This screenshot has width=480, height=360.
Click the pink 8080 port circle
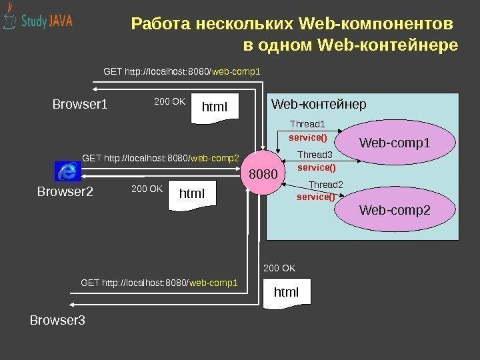263,175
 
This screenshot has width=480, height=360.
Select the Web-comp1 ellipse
395,143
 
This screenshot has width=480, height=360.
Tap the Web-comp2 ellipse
395,211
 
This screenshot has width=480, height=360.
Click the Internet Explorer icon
67,171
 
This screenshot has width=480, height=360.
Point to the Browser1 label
80,105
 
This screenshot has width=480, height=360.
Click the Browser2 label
65,193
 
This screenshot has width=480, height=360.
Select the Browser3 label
58,321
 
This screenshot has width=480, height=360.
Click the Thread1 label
308,124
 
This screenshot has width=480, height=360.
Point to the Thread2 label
325,185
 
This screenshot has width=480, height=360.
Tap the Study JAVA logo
38,21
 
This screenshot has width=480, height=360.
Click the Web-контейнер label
319,105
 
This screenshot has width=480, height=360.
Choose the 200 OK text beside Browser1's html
169,102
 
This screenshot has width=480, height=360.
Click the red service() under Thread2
315,197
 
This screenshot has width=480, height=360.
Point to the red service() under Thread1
308,137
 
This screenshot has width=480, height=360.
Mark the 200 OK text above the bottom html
279,268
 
